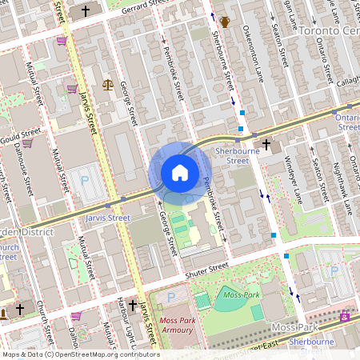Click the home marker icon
coord(179,173)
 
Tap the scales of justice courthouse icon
coord(108,84)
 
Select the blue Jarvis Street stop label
coord(107,218)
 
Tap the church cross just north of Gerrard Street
coord(86,11)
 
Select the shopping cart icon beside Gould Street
coord(27,143)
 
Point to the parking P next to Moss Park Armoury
coord(170,298)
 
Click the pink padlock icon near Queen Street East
coord(345,317)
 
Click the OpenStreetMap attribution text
coord(80,354)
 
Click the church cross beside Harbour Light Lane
coord(132,305)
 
